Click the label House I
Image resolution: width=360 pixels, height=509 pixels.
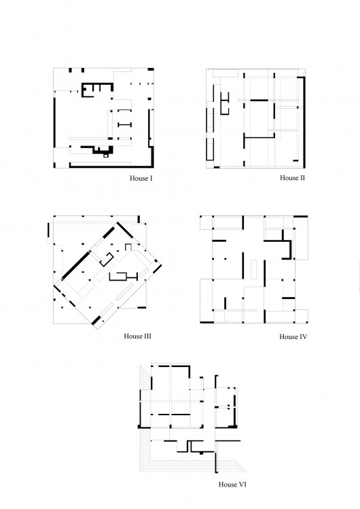click(141, 178)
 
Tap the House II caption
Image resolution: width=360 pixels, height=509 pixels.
click(292, 177)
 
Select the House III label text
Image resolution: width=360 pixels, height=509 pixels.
click(137, 336)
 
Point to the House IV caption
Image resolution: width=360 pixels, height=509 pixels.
click(293, 336)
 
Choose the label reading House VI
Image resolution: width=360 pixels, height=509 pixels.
click(232, 485)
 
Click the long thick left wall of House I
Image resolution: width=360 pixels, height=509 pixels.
click(54, 123)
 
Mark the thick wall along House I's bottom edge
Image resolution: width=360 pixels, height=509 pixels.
click(111, 167)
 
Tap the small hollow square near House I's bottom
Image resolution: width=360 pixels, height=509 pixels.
click(106, 156)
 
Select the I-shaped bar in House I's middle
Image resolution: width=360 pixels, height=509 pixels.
click(124, 124)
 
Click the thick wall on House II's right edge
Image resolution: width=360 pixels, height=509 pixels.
click(304, 122)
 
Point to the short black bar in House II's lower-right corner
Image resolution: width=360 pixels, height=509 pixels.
click(295, 160)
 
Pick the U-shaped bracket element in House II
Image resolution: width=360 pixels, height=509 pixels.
click(224, 103)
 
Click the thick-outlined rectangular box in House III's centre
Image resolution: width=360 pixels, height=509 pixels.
click(118, 277)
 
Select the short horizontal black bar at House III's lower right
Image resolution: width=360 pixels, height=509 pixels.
click(142, 307)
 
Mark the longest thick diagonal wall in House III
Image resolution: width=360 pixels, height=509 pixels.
click(75, 264)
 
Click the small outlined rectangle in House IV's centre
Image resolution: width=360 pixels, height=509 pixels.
click(254, 269)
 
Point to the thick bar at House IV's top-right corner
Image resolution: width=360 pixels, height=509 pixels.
click(301, 217)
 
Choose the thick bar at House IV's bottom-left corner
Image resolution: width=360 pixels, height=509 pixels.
click(207, 322)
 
